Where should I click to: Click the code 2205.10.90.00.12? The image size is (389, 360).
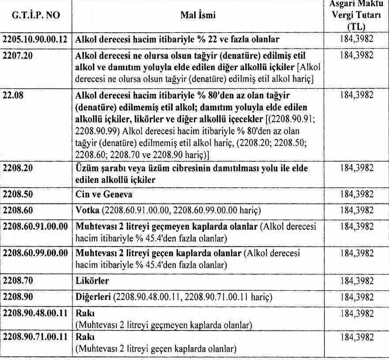(x=35, y=39)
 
